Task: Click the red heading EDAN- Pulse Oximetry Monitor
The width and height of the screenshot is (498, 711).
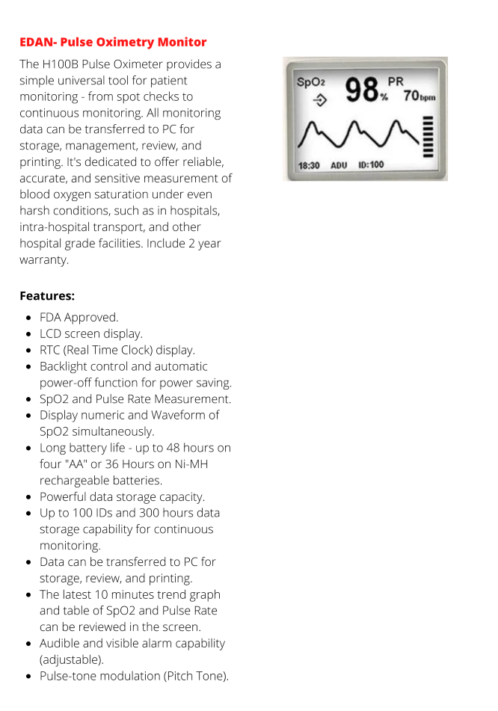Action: click(113, 42)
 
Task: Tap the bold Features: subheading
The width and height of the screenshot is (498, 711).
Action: click(47, 295)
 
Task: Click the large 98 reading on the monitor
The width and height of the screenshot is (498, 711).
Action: click(361, 91)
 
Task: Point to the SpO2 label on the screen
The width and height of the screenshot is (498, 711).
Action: click(311, 82)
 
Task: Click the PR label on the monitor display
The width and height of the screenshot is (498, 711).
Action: click(395, 81)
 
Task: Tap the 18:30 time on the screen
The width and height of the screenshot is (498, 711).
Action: click(309, 164)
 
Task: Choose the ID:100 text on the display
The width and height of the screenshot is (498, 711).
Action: click(372, 164)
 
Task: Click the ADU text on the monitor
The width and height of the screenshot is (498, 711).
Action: click(339, 164)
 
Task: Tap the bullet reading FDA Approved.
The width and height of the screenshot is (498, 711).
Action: click(79, 317)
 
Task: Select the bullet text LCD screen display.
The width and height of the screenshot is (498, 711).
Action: click(90, 333)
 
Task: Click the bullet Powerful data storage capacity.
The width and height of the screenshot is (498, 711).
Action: click(122, 496)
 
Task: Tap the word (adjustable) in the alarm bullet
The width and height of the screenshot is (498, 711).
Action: click(72, 659)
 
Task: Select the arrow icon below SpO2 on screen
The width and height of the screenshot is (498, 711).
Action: click(319, 99)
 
